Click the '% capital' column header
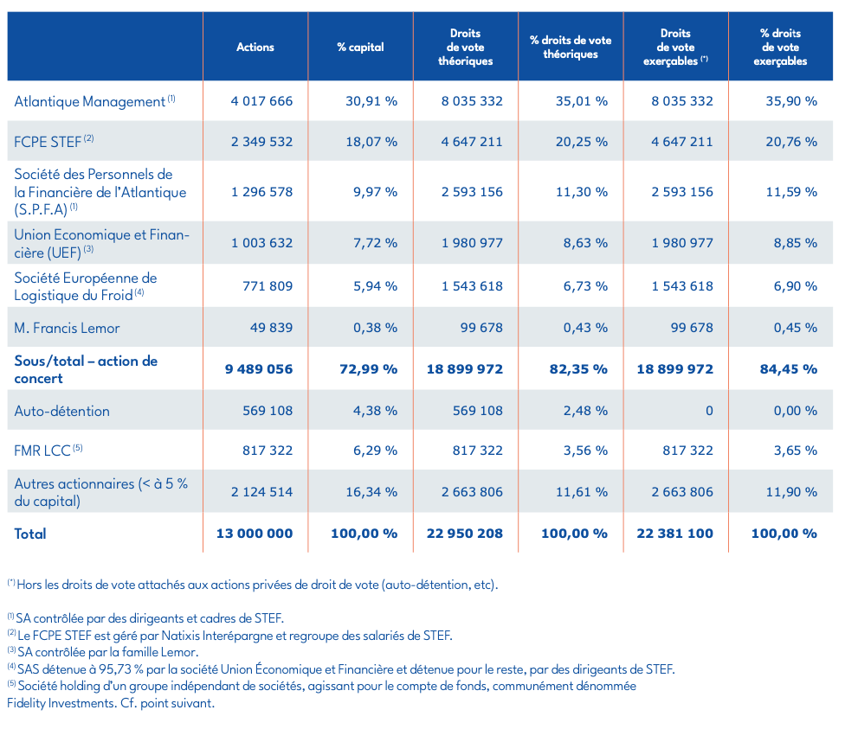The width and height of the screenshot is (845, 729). coord(360,47)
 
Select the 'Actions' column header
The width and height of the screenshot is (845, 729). coord(255,47)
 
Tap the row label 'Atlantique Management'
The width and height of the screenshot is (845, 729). coord(90,102)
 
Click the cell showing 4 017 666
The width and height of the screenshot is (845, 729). coord(261,101)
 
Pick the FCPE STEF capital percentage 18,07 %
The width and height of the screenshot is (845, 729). coord(371,141)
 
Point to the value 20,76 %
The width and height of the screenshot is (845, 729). coord(791,141)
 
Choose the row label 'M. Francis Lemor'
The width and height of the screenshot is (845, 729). coord(67,328)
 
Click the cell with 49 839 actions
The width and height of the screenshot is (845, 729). coord(270,328)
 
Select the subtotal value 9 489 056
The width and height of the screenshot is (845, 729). coord(259,369)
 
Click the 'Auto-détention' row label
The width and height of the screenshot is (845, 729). coord(61,411)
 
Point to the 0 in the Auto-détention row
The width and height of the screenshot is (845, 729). coord(709,411)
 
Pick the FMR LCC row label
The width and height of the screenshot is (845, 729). coord(43,451)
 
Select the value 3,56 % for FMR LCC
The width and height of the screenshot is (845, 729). coord(581,451)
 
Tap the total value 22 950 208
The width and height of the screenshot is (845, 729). coord(465,534)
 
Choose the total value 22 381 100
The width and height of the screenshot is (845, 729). coord(675,534)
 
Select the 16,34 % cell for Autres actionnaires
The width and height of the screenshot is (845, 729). coord(371,492)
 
